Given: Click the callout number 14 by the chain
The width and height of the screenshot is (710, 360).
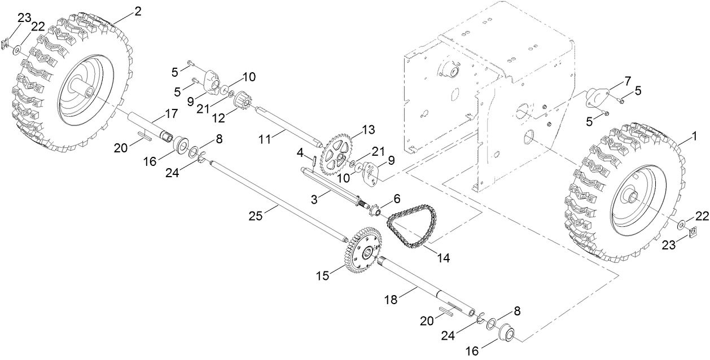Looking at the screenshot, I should pyautogui.click(x=443, y=258).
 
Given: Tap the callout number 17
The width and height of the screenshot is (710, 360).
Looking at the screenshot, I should pyautogui.click(x=171, y=113).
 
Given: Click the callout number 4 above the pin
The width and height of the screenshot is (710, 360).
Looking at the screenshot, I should pyautogui.click(x=301, y=152).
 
